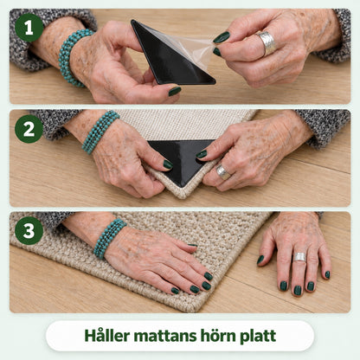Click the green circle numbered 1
click(x=29, y=28)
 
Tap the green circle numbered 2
click(x=29, y=129)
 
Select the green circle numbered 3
click(x=29, y=231)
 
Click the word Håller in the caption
click(x=108, y=336)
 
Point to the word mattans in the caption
click(x=165, y=337)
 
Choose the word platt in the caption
click(x=258, y=337)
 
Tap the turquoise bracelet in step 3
click(x=110, y=238)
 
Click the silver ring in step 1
click(x=266, y=43)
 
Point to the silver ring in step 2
click(x=223, y=171)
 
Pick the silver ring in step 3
click(x=299, y=257)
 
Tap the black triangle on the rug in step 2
click(x=182, y=158)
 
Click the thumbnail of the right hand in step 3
click(x=260, y=260)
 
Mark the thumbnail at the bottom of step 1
click(x=175, y=91)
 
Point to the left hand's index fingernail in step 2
click(x=168, y=164)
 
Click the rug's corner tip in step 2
click(x=182, y=198)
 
